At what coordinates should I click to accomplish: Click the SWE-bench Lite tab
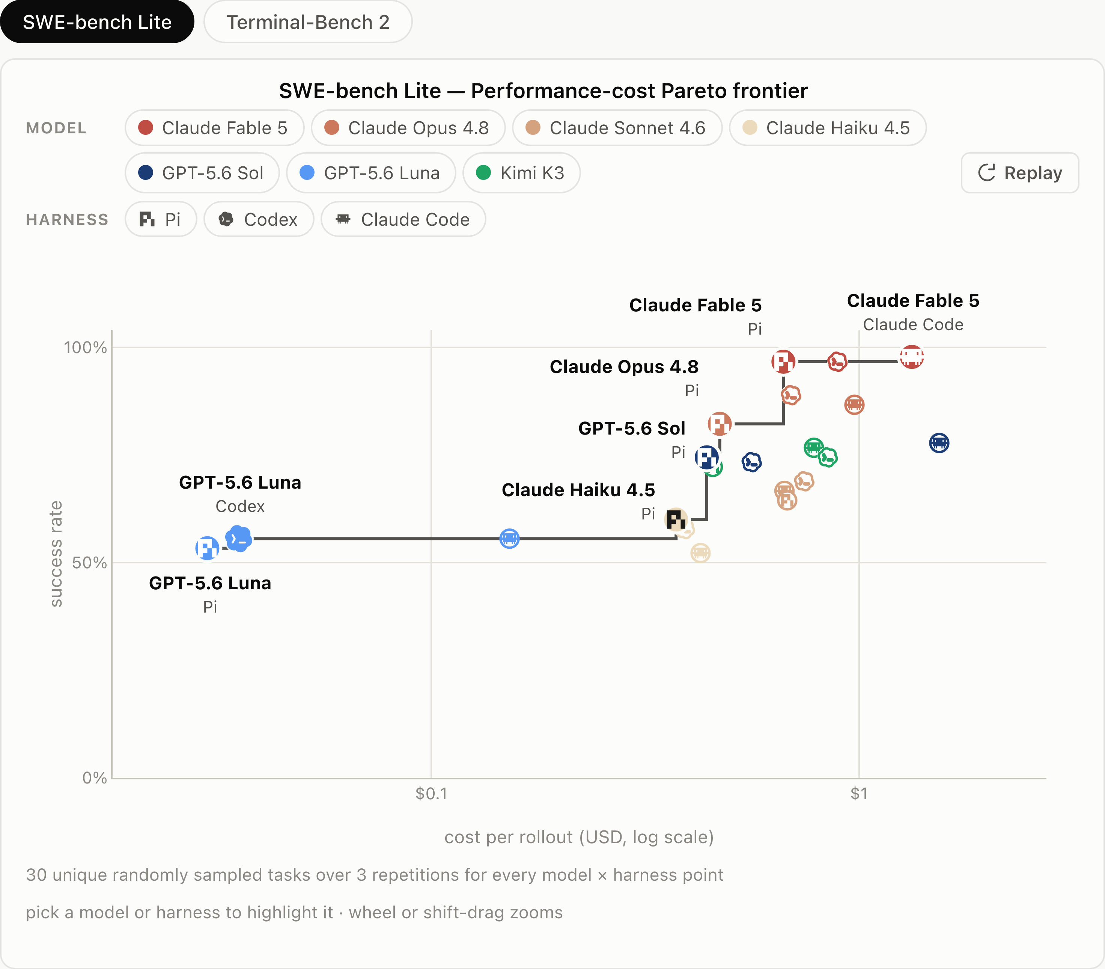tap(97, 22)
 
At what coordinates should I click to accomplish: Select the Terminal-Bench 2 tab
tap(308, 22)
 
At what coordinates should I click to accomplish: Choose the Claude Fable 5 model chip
tap(215, 128)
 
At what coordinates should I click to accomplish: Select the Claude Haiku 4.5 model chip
tap(828, 128)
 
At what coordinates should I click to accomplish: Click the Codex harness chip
tap(259, 219)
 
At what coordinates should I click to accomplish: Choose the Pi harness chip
tap(161, 219)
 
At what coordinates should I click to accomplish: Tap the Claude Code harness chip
tap(403, 219)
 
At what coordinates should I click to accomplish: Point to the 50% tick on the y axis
tap(89, 562)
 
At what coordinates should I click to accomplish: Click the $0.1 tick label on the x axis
tap(431, 793)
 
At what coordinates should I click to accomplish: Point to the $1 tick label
tap(859, 793)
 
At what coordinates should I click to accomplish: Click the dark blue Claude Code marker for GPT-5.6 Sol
tap(939, 443)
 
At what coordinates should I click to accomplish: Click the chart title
tap(543, 91)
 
